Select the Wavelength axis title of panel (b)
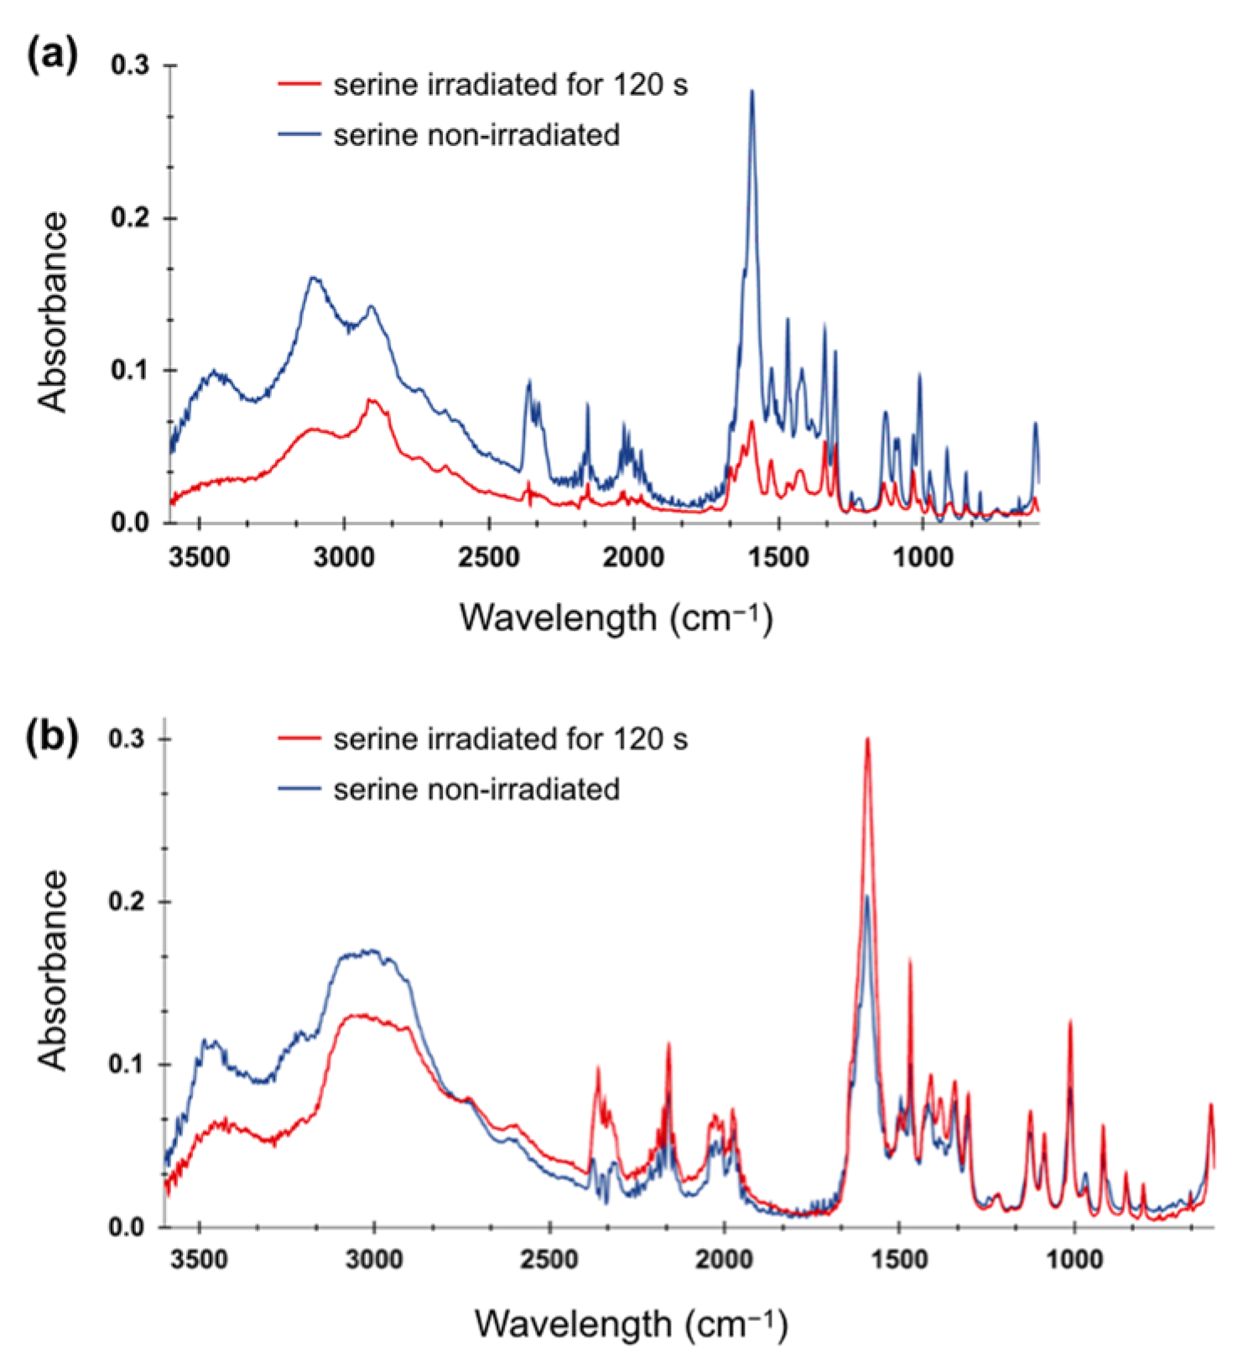pos(631,1324)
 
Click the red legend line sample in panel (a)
pos(299,84)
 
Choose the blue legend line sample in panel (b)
pos(299,789)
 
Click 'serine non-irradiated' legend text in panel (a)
pos(476,134)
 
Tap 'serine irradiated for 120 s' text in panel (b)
pos(510,739)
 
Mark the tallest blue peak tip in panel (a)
pos(752,91)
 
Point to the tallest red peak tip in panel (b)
pos(867,738)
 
